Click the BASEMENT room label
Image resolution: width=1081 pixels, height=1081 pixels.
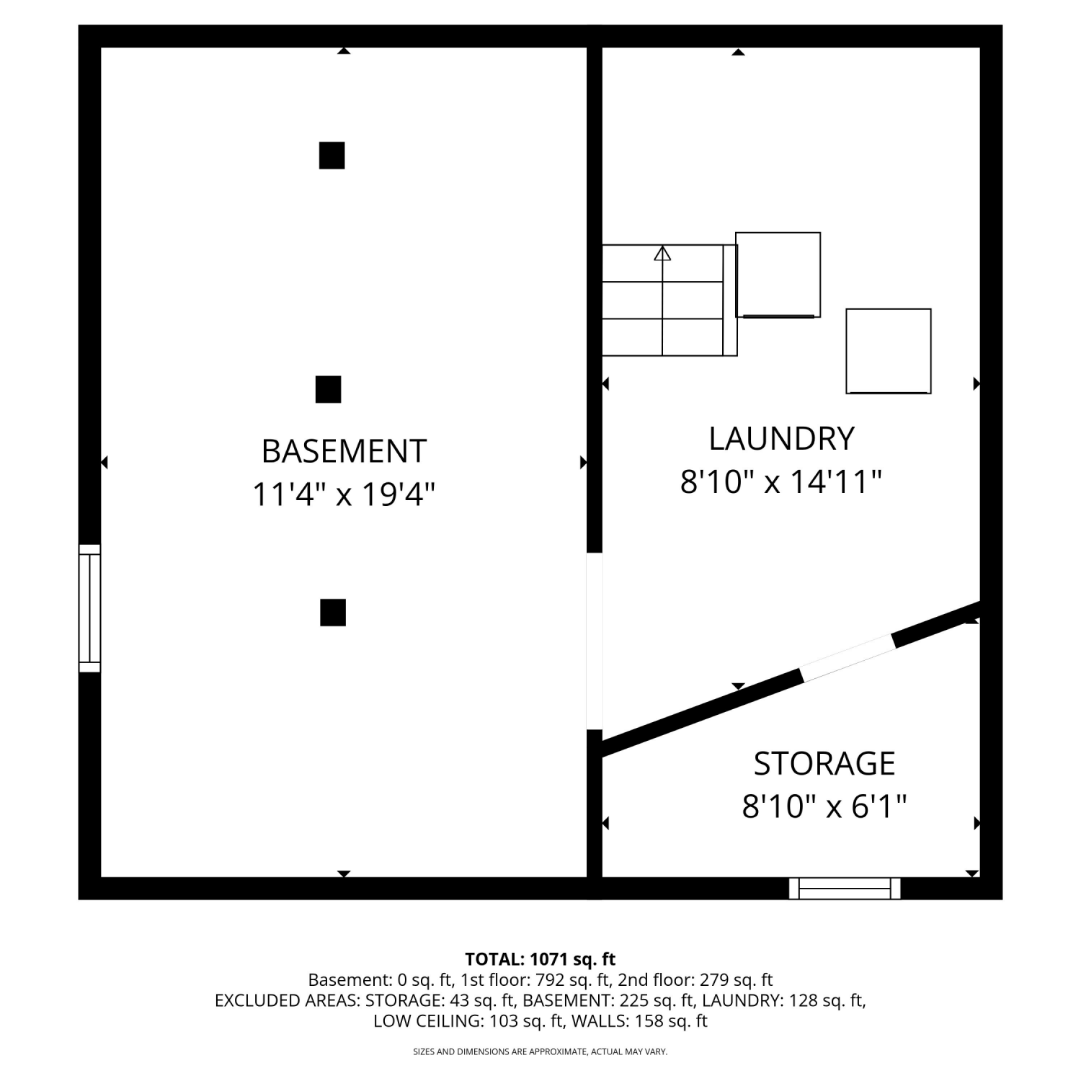(344, 451)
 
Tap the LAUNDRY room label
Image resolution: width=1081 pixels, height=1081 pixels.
(782, 439)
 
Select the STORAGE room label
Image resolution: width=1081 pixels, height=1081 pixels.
(824, 764)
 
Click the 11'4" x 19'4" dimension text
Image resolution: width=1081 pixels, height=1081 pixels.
(344, 495)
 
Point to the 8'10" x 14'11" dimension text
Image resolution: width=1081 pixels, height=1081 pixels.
(781, 481)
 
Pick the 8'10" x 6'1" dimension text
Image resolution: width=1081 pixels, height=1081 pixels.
(824, 806)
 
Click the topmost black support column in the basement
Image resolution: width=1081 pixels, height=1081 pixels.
(332, 156)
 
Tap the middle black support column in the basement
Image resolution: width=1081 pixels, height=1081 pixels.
(328, 389)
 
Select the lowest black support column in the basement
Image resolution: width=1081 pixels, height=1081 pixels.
(333, 613)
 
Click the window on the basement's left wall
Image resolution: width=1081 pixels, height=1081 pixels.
(89, 608)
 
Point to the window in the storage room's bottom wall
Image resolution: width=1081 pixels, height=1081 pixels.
(845, 889)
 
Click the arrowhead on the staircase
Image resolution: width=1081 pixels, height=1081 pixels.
(662, 253)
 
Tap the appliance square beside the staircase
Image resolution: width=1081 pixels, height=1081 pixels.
(778, 275)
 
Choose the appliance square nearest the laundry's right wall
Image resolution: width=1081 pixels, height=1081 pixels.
(889, 351)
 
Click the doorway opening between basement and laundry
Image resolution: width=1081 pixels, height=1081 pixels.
(594, 641)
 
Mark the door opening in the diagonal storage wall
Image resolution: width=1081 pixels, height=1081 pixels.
(847, 657)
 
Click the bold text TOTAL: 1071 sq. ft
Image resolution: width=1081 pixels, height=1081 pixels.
(540, 959)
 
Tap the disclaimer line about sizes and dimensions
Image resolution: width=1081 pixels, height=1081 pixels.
(540, 1052)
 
